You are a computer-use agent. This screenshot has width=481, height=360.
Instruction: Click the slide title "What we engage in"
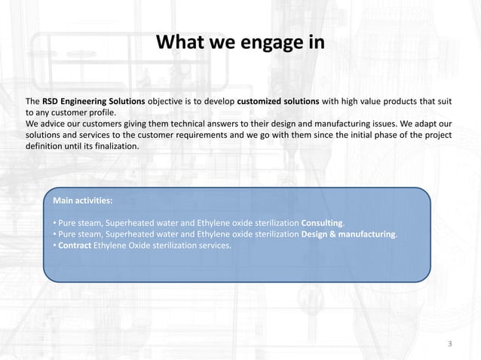pos(240,41)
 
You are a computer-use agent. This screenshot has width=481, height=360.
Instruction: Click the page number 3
pos(450,344)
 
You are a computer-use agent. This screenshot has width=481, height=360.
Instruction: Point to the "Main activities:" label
pos(84,201)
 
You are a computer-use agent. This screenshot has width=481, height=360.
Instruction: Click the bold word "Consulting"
pos(322,224)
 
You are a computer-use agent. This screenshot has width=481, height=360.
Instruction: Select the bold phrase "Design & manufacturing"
pos(348,235)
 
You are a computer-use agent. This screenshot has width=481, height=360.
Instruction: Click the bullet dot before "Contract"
pos(55,246)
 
